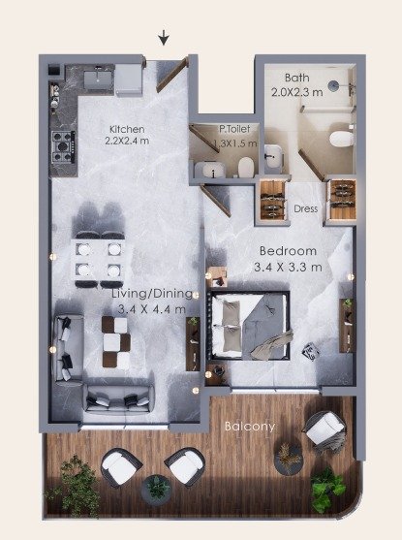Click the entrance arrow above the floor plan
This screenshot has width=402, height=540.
(164, 37)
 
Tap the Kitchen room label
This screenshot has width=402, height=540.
(127, 130)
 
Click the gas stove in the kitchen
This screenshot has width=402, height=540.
(63, 146)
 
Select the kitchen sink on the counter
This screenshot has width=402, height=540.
(98, 77)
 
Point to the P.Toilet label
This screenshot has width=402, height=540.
(234, 129)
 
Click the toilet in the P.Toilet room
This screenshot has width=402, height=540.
(246, 167)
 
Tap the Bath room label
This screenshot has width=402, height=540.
(297, 78)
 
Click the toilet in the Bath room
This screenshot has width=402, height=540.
(342, 140)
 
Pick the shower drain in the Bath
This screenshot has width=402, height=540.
(333, 85)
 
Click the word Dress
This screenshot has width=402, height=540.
(306, 208)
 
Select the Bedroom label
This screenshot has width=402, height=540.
(288, 251)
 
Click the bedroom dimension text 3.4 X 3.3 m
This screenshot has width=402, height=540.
(288, 267)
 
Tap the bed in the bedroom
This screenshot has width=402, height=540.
(249, 326)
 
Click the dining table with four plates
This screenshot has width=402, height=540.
(99, 260)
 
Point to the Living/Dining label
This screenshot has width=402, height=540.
(152, 294)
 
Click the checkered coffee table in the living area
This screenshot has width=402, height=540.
(116, 341)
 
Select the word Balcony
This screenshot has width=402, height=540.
(250, 427)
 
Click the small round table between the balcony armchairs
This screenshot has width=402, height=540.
(157, 490)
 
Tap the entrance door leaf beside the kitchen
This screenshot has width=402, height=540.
(172, 75)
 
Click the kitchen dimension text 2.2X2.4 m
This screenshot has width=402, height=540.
(127, 142)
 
